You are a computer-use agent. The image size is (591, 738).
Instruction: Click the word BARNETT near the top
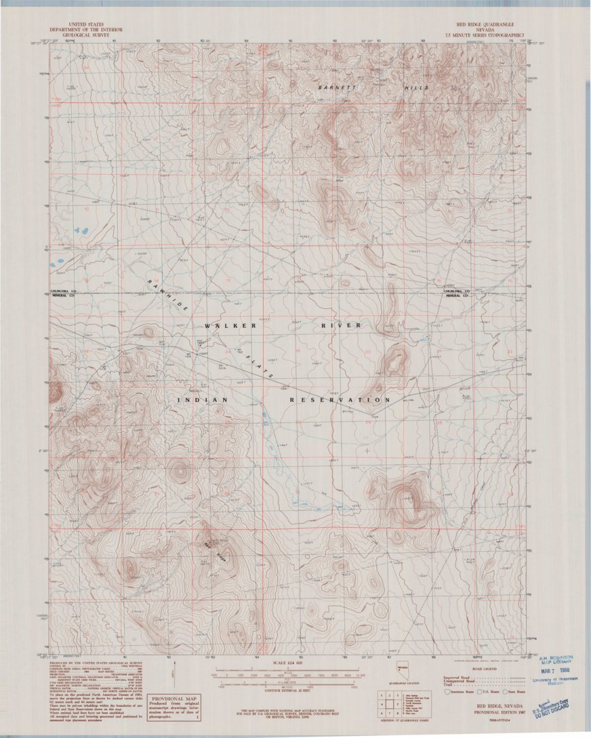(x=336, y=88)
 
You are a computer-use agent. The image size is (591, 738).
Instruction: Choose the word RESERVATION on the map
(x=336, y=401)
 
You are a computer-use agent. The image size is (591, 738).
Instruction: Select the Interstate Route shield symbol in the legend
(x=447, y=692)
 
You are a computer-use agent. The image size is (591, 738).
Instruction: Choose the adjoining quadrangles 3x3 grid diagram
(x=388, y=704)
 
